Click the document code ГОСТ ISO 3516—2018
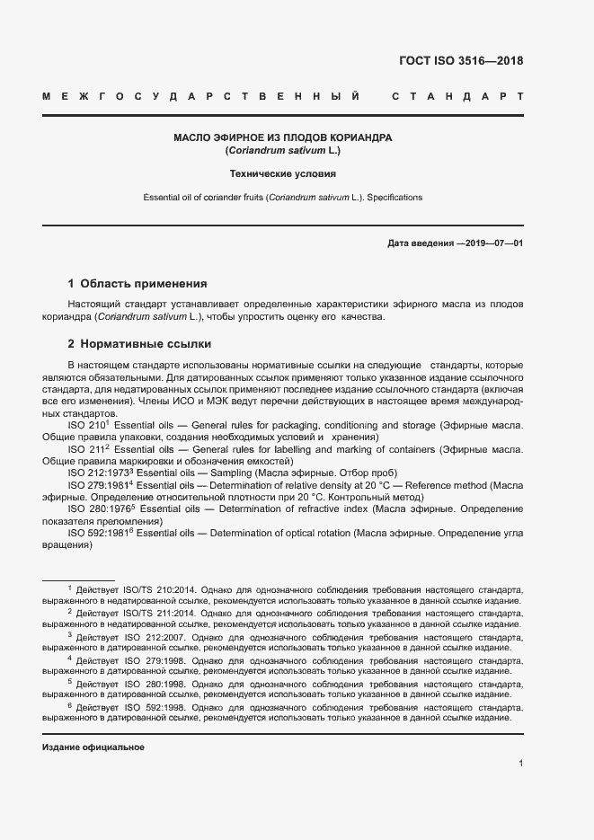pyautogui.click(x=460, y=61)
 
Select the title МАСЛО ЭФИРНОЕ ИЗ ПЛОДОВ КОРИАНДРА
pyautogui.click(x=283, y=138)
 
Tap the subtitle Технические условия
pyautogui.click(x=283, y=174)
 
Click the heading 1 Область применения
pyautogui.click(x=137, y=283)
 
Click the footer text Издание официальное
pyautogui.click(x=93, y=747)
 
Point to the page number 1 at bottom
pyautogui.click(x=520, y=764)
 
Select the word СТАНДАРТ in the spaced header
pyautogui.click(x=457, y=95)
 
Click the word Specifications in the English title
pyautogui.click(x=394, y=197)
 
